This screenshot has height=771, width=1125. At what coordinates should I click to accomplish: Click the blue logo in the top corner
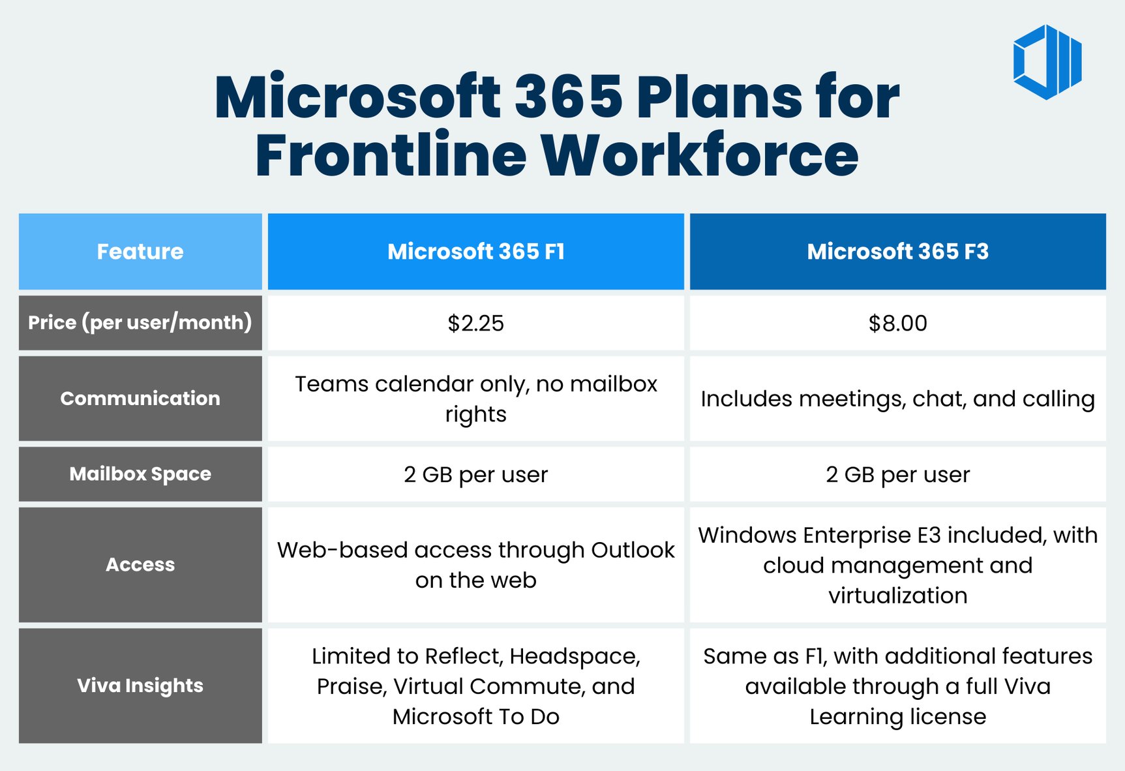click(x=1047, y=62)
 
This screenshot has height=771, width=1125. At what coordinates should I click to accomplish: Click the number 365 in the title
click(x=569, y=98)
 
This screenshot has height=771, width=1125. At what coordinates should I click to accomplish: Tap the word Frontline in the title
click(x=391, y=155)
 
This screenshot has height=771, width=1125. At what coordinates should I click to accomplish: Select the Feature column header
click(x=140, y=252)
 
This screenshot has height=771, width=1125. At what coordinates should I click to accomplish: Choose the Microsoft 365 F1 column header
click(x=475, y=252)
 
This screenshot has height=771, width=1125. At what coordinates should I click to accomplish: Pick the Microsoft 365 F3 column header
click(x=897, y=252)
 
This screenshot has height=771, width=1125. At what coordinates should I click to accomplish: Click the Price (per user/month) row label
click(x=140, y=323)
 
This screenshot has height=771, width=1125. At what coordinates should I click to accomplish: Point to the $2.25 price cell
click(x=475, y=324)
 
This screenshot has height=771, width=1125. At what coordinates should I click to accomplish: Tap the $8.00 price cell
click(x=897, y=324)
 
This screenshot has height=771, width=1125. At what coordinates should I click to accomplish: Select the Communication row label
click(x=140, y=399)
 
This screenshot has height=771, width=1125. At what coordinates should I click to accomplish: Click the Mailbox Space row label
click(x=140, y=474)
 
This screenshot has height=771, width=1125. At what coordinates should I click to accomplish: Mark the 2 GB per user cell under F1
click(x=475, y=475)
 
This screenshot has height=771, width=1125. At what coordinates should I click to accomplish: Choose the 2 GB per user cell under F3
click(x=897, y=475)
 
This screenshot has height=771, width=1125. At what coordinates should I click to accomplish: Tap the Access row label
click(x=140, y=565)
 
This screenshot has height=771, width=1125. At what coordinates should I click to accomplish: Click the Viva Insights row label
click(x=140, y=686)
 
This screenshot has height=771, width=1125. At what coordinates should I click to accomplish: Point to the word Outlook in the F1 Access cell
click(x=633, y=550)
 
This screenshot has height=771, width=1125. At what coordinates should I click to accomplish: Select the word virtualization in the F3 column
click(x=897, y=596)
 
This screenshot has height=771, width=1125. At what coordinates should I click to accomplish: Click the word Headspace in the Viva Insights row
click(x=575, y=656)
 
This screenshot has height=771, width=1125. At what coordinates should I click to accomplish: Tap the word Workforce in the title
click(x=700, y=155)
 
